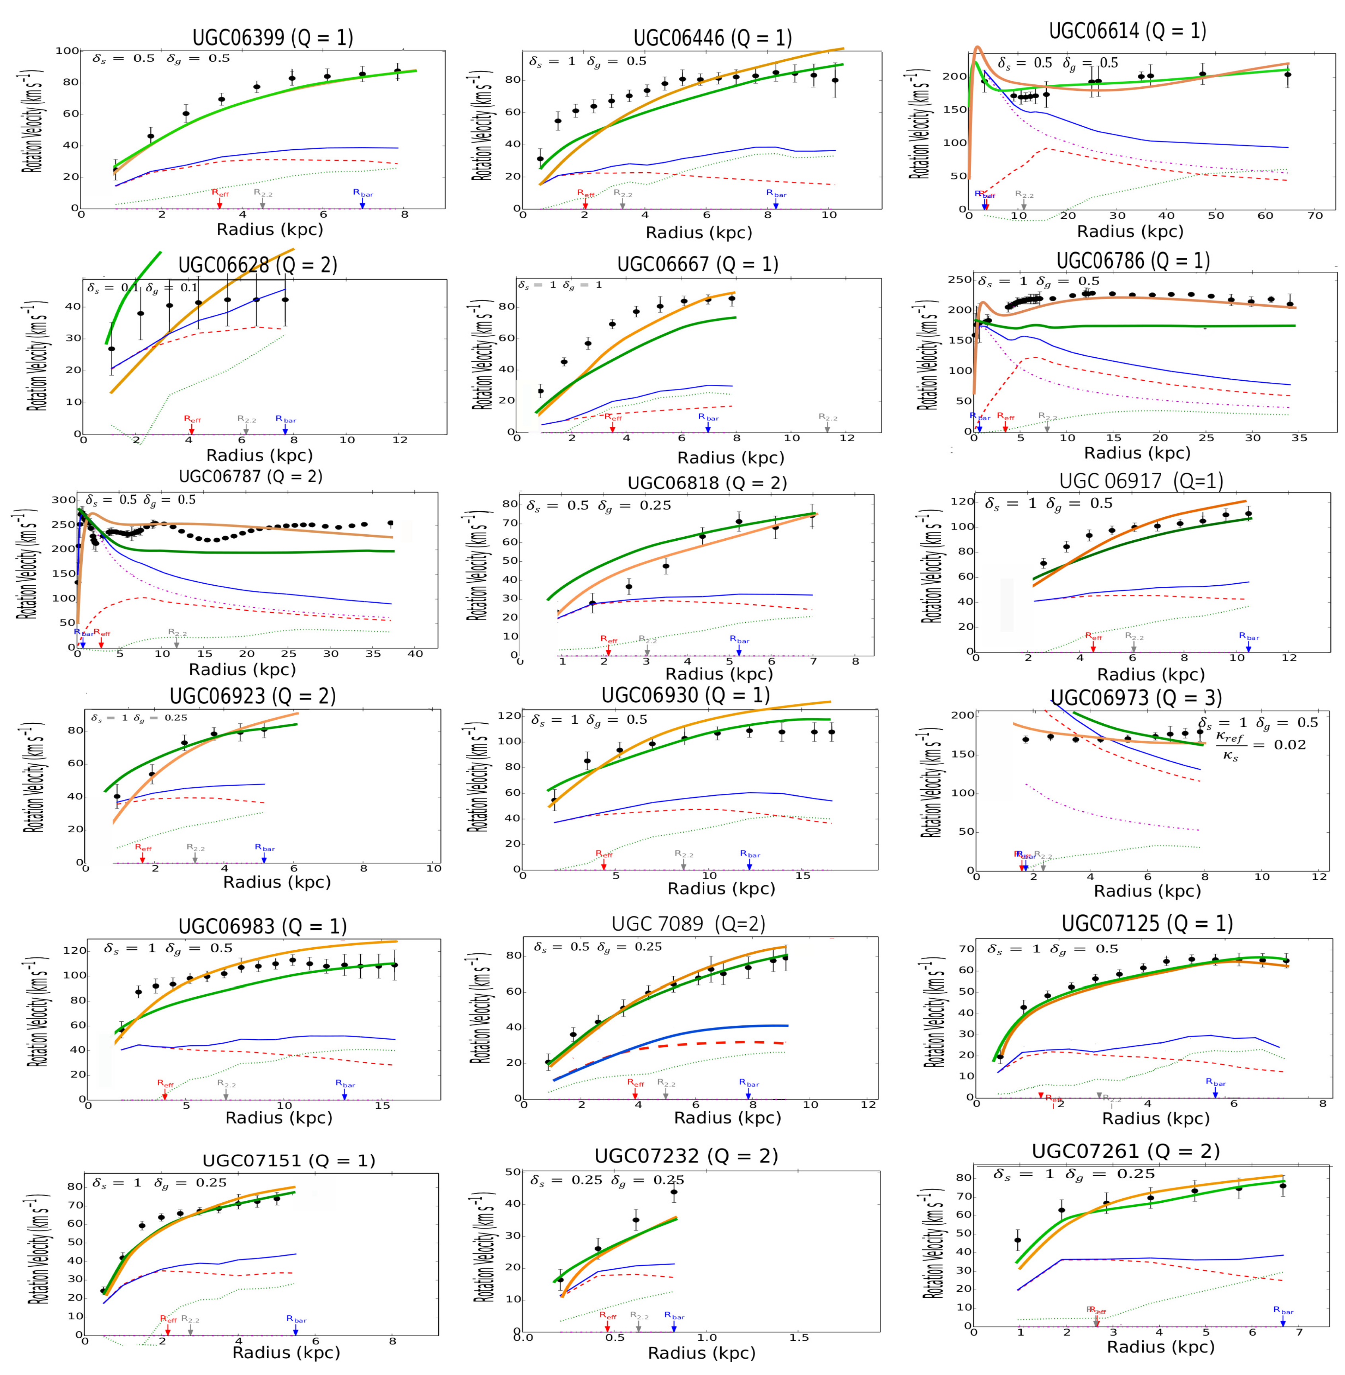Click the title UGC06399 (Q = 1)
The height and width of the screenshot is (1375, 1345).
click(273, 37)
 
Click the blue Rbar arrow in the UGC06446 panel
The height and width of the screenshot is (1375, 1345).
click(776, 203)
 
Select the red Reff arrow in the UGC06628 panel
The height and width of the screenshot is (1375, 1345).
click(191, 429)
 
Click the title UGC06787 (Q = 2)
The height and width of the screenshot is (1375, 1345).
click(251, 476)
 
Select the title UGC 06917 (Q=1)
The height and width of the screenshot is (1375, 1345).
click(1141, 481)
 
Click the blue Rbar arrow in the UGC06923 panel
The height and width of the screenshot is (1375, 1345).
click(264, 857)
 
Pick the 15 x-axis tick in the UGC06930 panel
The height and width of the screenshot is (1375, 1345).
click(803, 875)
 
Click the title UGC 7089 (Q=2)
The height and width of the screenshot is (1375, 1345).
click(688, 923)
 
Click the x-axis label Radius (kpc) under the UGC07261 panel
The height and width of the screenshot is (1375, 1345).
click(1160, 1347)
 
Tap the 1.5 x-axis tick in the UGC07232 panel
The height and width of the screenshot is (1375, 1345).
click(799, 1338)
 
